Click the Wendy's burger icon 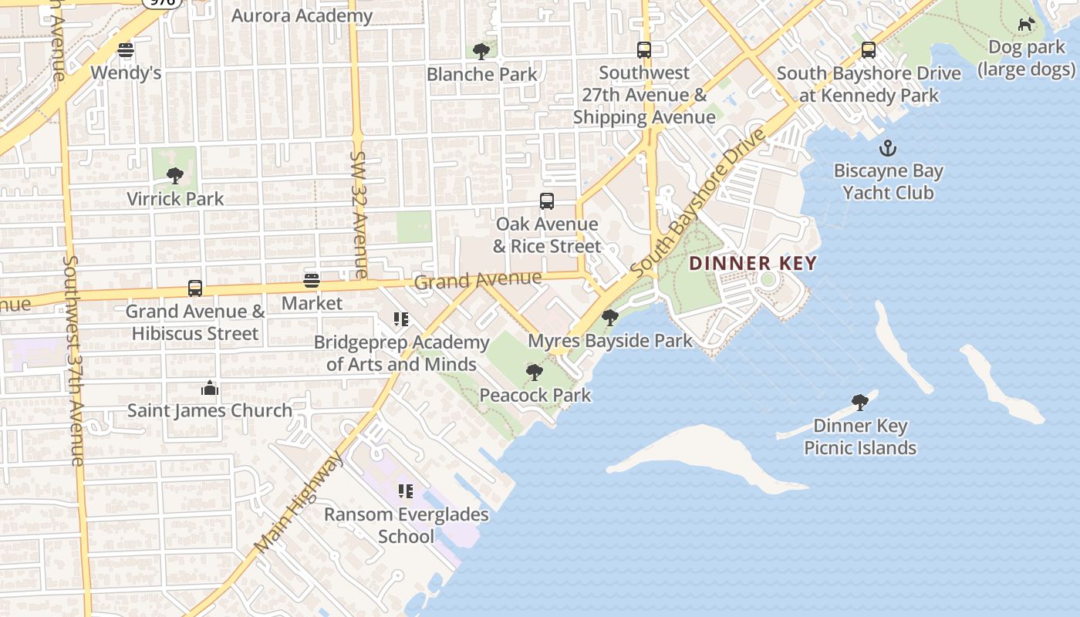coord(126,50)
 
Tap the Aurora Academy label coord(302,15)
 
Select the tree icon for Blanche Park coord(481,52)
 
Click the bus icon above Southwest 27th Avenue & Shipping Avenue coord(644,50)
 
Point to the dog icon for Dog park coord(1026,25)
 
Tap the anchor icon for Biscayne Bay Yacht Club coord(888,147)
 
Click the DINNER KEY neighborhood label coord(752,263)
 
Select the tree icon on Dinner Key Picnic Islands coord(860,403)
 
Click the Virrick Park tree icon coord(175,176)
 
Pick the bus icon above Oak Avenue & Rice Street coord(547,201)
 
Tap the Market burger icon coord(312,281)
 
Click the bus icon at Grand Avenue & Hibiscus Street coord(195,288)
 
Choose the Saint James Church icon coord(210,388)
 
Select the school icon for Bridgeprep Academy coord(401,319)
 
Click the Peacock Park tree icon coord(534,373)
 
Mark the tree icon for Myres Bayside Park coord(610,318)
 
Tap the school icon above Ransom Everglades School coord(406,491)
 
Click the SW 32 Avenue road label coord(359,214)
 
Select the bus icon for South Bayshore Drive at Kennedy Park coord(869,51)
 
